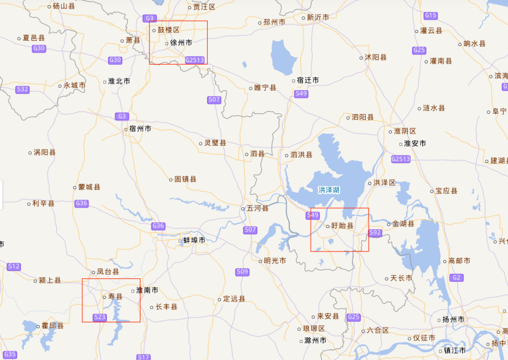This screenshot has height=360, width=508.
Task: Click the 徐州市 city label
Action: click(181, 43)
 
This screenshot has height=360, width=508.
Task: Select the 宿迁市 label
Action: click(307, 80)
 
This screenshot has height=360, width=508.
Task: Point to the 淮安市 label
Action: click(415, 143)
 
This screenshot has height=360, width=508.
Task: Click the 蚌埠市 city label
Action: click(194, 240)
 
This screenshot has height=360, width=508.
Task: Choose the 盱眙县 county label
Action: click(342, 225)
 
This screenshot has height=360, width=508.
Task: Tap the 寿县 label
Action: click(115, 297)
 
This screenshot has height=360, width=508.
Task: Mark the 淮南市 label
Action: click(147, 290)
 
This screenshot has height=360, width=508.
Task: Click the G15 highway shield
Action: click(430, 15)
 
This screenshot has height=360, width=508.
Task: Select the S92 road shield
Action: click(375, 232)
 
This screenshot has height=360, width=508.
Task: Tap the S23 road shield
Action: click(100, 317)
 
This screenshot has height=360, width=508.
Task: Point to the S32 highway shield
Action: click(23, 89)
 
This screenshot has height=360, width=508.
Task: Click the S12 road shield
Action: click(14, 266)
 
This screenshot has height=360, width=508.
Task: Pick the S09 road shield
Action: click(242, 271)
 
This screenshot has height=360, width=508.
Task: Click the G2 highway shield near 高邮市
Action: click(456, 278)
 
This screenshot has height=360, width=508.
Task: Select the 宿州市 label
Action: click(140, 129)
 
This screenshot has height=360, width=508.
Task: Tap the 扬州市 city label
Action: click(453, 320)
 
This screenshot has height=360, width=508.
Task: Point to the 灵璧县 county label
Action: click(215, 143)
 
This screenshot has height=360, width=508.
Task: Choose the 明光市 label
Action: click(275, 261)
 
